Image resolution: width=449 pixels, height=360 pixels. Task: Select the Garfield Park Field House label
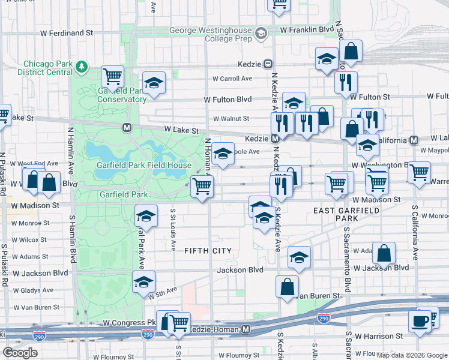click(x=145, y=165)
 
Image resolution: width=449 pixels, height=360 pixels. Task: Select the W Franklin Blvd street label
click(x=307, y=29)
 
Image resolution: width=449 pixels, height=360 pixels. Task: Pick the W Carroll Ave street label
click(x=232, y=79)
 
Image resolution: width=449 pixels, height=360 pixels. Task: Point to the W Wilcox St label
click(x=29, y=239)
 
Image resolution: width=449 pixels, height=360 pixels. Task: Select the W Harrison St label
click(x=379, y=336)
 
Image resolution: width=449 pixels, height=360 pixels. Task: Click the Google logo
click(x=20, y=352)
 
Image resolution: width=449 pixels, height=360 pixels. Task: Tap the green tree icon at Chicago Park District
click(x=82, y=67)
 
